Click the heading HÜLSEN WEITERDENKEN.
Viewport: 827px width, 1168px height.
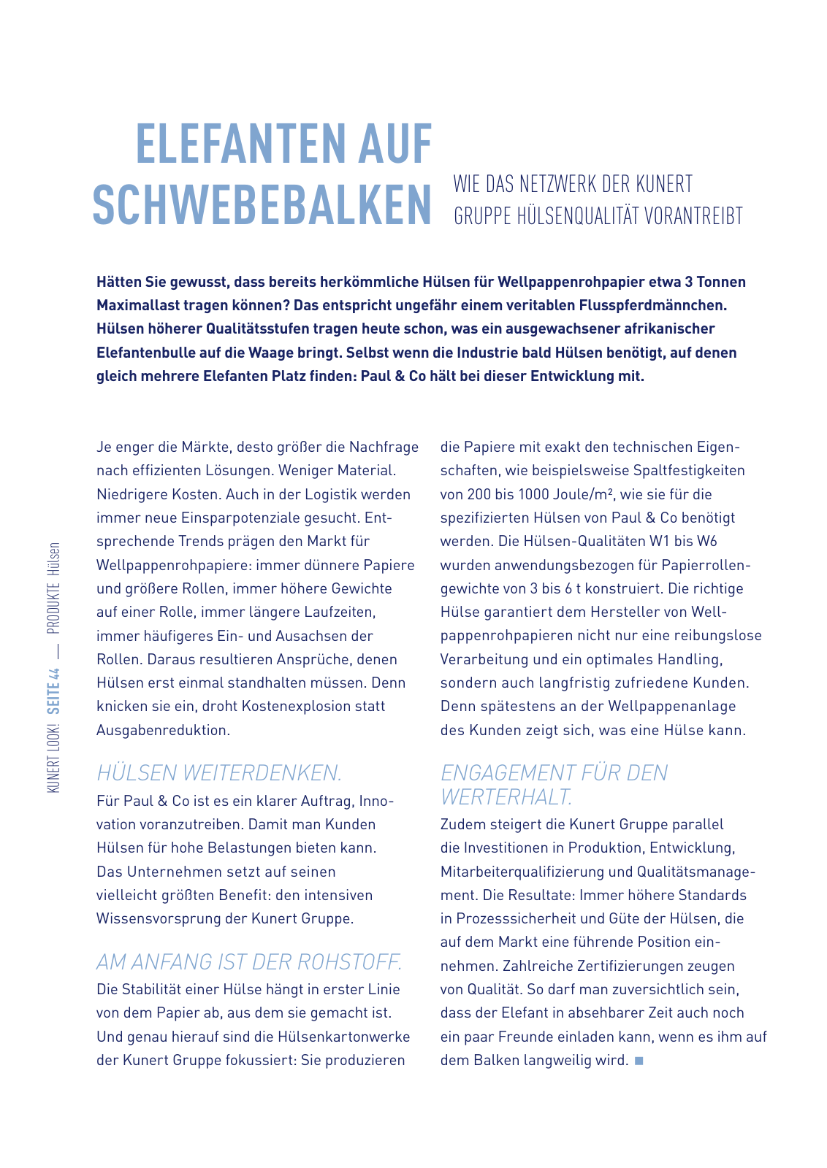point(219,772)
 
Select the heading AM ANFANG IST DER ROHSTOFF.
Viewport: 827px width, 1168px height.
point(249,961)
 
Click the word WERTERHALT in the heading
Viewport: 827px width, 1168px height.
point(505,796)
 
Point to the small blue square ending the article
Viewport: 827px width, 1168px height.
point(639,1060)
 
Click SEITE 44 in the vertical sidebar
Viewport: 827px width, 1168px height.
point(53,690)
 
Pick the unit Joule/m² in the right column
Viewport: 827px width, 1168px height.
point(577,494)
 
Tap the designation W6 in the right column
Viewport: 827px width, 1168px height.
point(706,541)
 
